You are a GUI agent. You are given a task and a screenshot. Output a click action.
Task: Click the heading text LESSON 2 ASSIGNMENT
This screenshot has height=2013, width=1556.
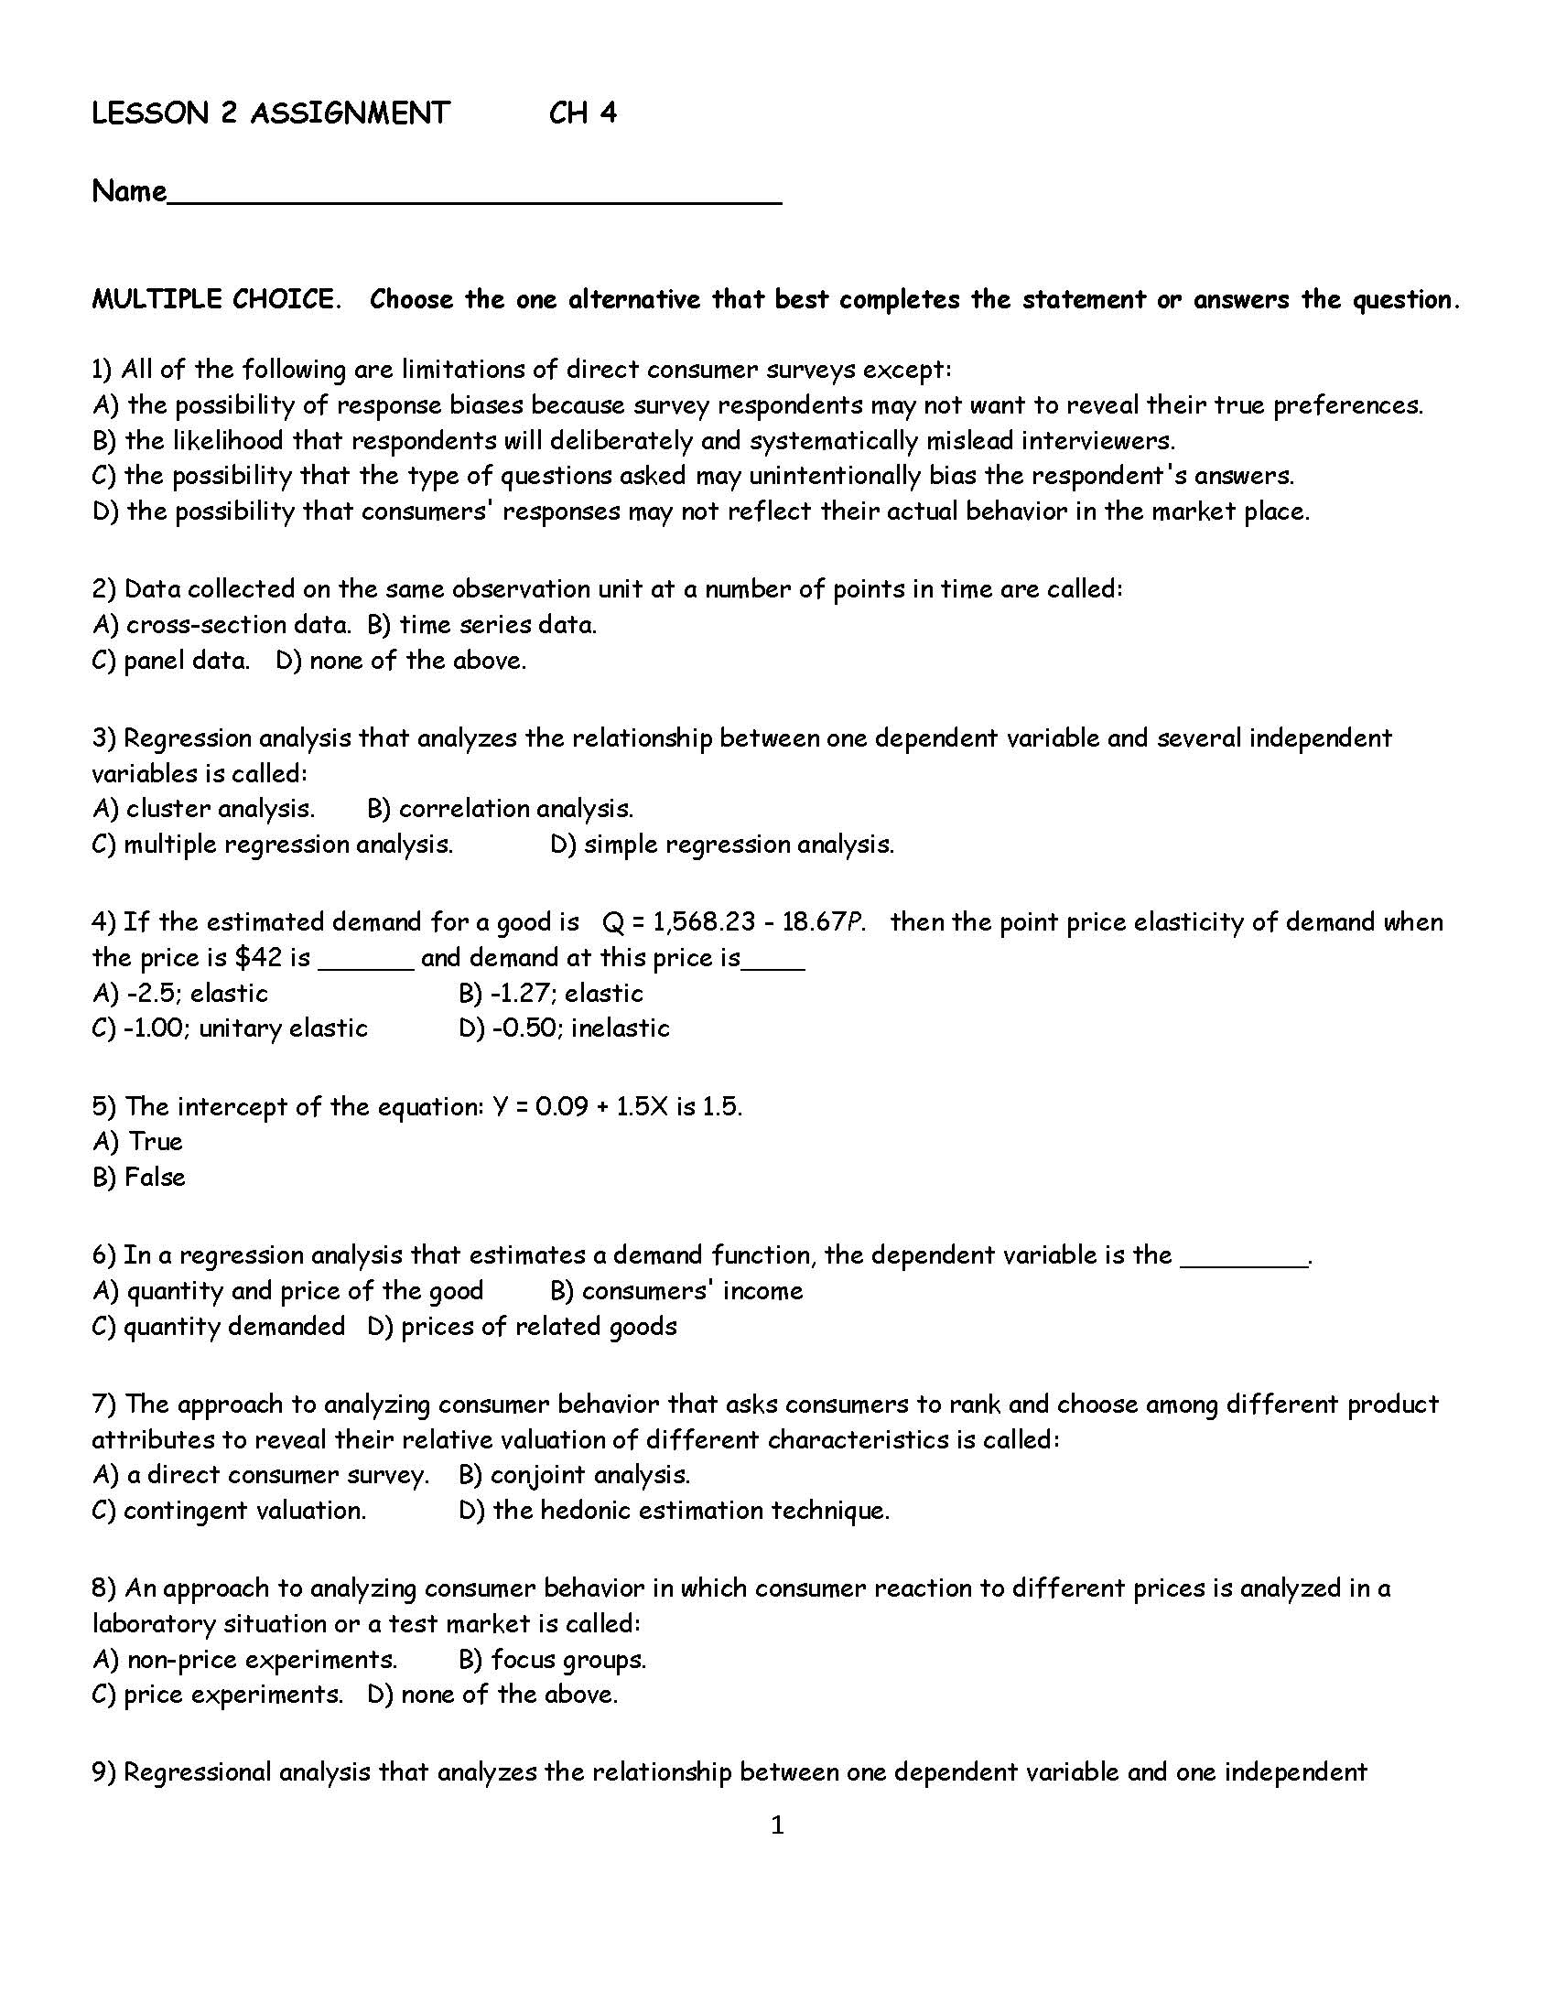tap(270, 113)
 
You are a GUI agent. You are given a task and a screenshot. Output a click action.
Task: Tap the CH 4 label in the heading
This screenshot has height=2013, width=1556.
tap(582, 113)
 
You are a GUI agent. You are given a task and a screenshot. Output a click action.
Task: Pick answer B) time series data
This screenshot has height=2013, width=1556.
tap(481, 625)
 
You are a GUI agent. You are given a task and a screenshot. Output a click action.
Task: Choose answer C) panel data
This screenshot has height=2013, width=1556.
tap(171, 661)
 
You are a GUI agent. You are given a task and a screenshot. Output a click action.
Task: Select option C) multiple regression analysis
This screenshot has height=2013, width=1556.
tap(273, 845)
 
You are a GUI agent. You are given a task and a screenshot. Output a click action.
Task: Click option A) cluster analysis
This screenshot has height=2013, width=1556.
tap(204, 809)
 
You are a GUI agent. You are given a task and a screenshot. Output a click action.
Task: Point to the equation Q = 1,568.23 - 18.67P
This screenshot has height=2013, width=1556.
tap(733, 922)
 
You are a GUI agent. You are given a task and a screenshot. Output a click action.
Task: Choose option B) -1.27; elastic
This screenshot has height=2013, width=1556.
tap(550, 994)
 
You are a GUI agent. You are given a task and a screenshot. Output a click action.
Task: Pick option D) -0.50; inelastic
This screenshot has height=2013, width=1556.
tap(563, 1028)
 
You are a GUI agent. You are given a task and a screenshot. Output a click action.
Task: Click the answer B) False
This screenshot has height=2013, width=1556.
tap(139, 1178)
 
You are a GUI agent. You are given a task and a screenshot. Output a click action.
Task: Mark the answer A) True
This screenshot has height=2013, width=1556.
tap(138, 1142)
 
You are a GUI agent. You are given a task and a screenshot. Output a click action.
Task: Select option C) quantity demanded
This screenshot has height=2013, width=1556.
tap(219, 1327)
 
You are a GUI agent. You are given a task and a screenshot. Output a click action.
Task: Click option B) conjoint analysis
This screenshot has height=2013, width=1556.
tap(573, 1475)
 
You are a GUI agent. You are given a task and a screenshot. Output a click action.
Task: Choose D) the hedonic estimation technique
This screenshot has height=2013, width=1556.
tap(673, 1511)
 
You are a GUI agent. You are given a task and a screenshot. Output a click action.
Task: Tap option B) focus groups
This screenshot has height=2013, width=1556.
tap(552, 1660)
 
